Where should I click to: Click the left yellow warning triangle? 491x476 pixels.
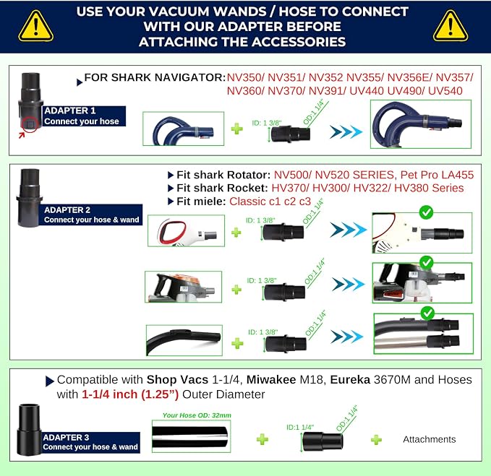click(x=35, y=26)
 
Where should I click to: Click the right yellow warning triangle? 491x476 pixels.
click(x=451, y=26)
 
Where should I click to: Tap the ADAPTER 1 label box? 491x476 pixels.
click(x=84, y=116)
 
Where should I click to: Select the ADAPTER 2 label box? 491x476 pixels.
click(x=91, y=215)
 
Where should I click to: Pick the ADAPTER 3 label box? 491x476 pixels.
click(x=91, y=442)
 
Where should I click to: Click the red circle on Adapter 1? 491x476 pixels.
click(x=30, y=124)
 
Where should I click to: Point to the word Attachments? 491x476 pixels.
click(x=430, y=439)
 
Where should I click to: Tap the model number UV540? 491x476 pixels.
click(x=445, y=91)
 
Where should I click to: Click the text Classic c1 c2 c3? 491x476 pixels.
click(x=270, y=202)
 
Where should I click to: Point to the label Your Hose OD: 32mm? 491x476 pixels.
click(x=197, y=415)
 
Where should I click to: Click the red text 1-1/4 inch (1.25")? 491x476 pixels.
click(x=130, y=394)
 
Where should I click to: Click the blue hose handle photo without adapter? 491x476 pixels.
click(x=184, y=129)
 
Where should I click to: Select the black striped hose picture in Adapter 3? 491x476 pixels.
click(x=191, y=436)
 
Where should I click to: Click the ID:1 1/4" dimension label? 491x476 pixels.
click(x=300, y=427)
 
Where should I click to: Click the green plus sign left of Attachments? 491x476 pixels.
click(x=377, y=439)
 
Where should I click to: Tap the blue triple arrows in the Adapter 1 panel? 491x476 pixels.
click(x=346, y=131)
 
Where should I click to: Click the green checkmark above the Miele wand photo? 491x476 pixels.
click(x=427, y=313)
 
